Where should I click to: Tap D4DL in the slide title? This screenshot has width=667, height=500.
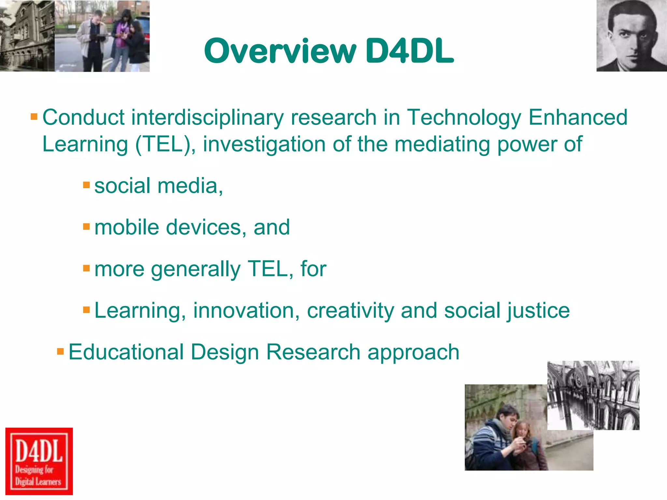coord(409,51)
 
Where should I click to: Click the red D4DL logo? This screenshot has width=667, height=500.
coord(39,461)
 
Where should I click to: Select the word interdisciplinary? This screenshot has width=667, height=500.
coord(207,118)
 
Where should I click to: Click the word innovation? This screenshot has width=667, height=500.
coord(246,311)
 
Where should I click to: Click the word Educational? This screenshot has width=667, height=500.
coord(126,352)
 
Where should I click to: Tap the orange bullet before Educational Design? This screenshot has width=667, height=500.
coord(60,352)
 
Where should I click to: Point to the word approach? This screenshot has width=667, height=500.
coord(413,353)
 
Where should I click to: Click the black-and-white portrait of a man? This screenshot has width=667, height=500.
coord(631,36)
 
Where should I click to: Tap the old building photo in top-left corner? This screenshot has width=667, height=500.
coord(27,36)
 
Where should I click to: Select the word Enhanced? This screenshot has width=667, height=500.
coord(578,118)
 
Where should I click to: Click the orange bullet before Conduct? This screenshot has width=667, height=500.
coord(34,117)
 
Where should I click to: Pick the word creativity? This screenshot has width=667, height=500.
coord(350,311)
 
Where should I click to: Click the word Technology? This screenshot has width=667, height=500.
coord(464,118)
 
